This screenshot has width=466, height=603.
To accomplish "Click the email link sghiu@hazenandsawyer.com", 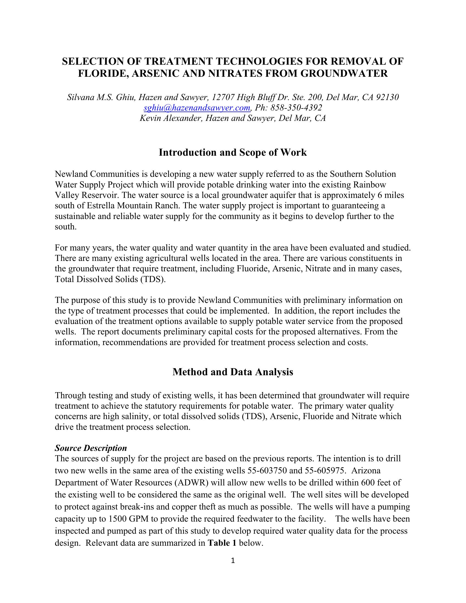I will (x=197, y=108).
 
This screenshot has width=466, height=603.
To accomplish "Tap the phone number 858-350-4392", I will (x=296, y=108).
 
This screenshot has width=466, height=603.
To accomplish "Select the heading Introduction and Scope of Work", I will (x=233, y=152).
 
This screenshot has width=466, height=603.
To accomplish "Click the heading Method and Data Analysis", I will (x=233, y=372).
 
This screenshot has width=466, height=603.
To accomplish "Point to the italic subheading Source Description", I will (x=91, y=448).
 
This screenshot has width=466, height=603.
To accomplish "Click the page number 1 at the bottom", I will (x=233, y=560).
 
